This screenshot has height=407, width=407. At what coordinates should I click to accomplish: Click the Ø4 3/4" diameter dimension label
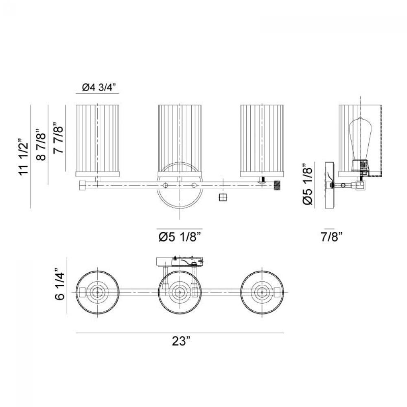[x=98, y=88]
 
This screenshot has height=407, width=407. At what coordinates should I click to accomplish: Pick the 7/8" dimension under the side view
[x=332, y=237]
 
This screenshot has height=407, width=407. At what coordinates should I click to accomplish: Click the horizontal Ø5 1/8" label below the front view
[x=180, y=237]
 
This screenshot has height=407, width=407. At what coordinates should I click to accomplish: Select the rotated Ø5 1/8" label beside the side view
[x=308, y=184]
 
